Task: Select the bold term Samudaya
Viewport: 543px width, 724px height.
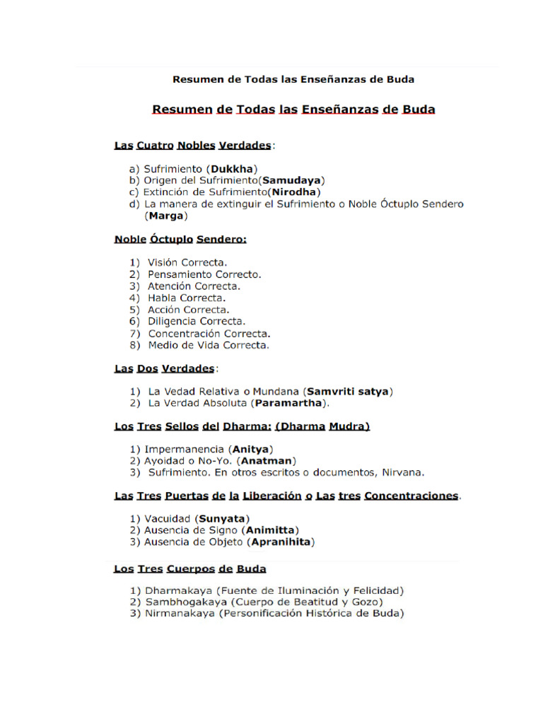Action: coord(293,180)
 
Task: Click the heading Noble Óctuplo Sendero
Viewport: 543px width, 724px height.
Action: coord(180,240)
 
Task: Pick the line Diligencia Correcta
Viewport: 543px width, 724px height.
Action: coord(197,321)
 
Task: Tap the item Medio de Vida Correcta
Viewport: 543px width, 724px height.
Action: coord(208,346)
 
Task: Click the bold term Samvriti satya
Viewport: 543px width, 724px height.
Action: coord(347,391)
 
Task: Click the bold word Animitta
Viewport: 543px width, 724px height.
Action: coord(270,530)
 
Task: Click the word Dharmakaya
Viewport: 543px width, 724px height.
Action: coord(177,590)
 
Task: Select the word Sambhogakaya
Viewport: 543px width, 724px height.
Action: coord(181,602)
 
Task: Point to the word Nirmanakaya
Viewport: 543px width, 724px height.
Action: coord(180,614)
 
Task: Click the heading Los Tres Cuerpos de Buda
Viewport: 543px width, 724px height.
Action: coord(190,568)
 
